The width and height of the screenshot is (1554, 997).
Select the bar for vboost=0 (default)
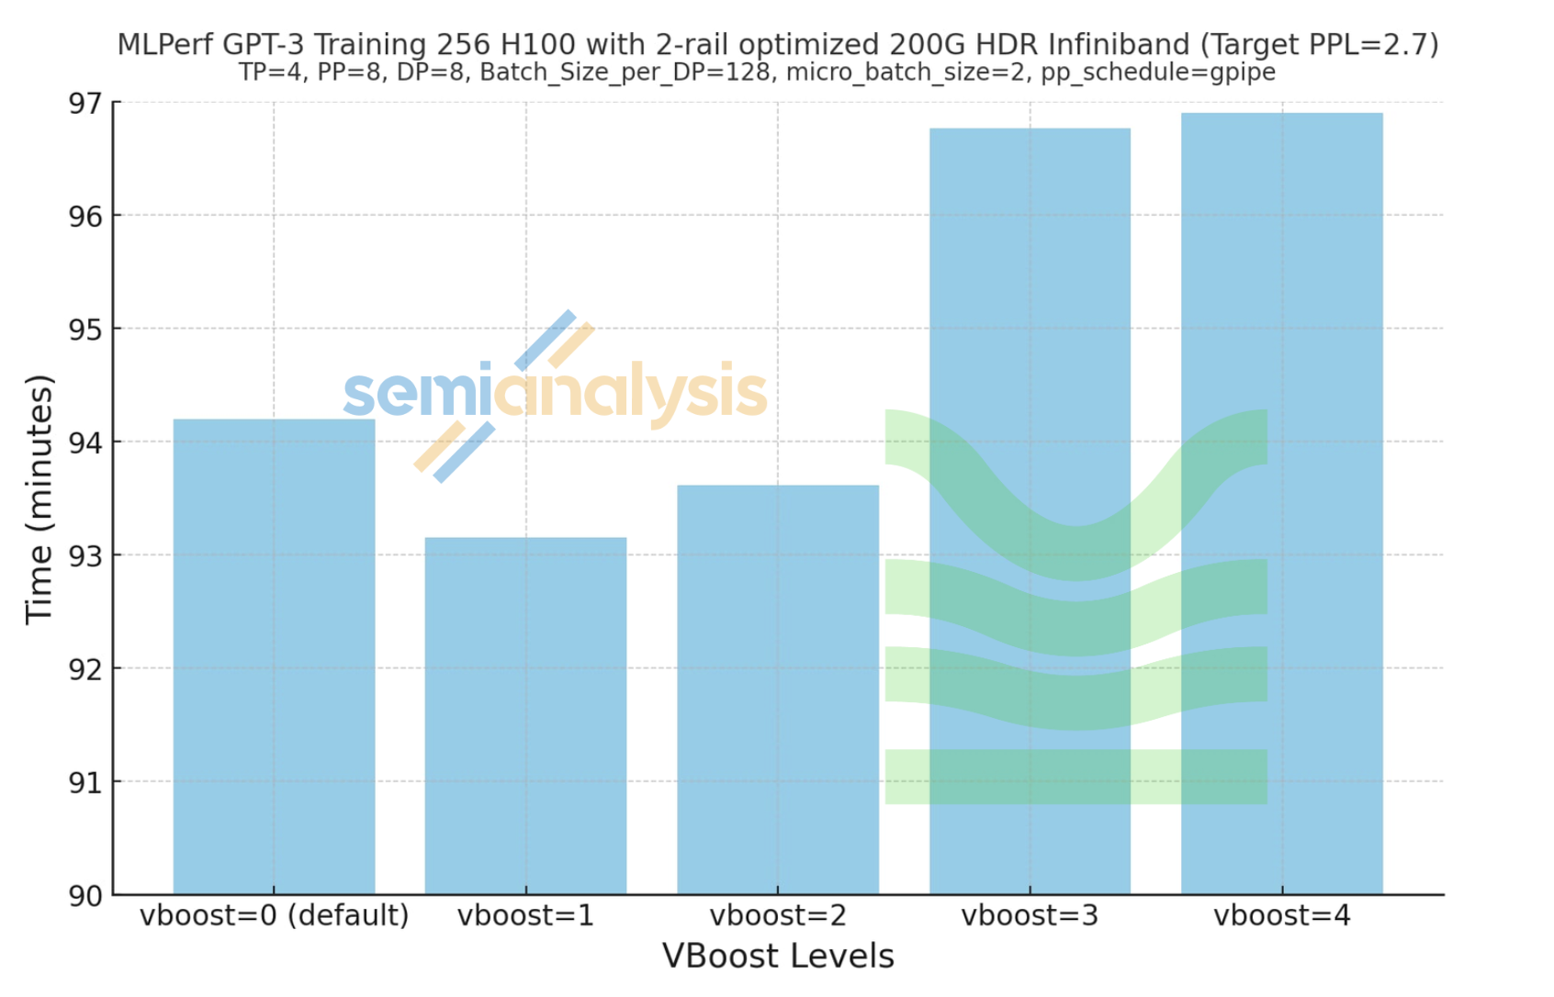pos(274,656)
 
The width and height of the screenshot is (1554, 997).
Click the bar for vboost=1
pos(525,716)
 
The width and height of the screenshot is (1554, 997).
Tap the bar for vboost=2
pos(778,689)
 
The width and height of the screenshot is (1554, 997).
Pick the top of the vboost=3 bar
pos(1030,130)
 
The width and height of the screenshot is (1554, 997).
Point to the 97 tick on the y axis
pos(85,103)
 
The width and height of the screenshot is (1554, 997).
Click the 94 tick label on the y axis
pos(85,442)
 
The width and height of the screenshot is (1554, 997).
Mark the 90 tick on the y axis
pos(85,896)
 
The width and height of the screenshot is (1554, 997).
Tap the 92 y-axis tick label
pos(85,669)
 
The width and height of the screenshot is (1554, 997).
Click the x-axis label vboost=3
pos(1030,916)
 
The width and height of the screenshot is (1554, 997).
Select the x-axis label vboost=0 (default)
pos(274,916)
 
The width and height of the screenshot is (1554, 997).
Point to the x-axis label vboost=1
pos(525,916)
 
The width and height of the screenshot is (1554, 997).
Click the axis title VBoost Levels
pos(778,957)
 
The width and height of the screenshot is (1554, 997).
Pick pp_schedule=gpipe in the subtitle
pos(1157,73)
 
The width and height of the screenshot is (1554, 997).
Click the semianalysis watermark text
pos(555,393)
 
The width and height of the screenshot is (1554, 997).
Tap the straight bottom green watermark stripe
pos(1075,777)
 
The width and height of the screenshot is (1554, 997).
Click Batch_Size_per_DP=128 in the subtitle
pos(625,73)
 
